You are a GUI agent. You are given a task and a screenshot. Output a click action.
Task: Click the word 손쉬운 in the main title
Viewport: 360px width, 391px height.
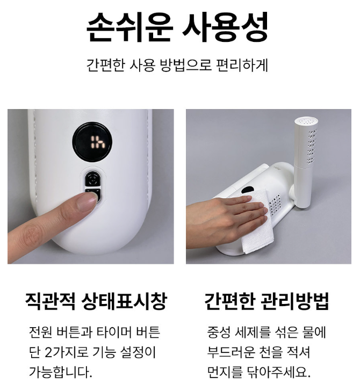click(129, 27)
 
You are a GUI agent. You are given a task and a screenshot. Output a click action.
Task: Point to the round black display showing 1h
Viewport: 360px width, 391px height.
click(92, 142)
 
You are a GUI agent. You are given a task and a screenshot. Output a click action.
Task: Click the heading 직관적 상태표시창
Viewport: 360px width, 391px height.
click(96, 301)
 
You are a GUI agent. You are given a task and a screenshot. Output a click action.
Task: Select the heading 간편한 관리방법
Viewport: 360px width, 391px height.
click(267, 301)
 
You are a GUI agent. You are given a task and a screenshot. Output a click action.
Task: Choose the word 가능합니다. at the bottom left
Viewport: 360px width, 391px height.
click(61, 372)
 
